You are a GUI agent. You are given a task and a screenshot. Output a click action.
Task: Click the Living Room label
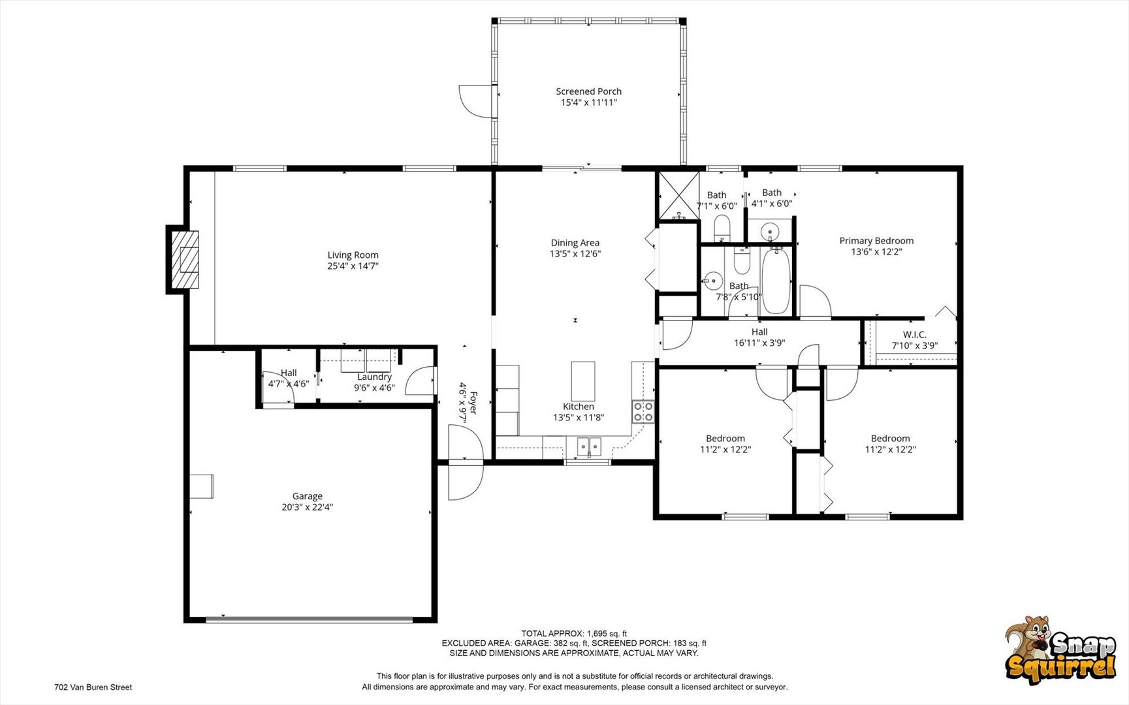(x=353, y=255)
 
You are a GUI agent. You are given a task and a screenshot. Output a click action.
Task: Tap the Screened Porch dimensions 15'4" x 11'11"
(x=588, y=102)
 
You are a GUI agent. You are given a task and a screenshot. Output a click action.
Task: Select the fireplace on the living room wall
(x=184, y=260)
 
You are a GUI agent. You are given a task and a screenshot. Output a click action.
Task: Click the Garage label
(x=307, y=496)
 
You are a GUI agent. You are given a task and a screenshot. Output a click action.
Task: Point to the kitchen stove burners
(x=643, y=412)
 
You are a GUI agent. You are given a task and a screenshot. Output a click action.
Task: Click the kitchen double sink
(x=588, y=447)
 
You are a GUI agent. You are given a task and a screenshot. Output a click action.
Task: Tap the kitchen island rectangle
(x=583, y=381)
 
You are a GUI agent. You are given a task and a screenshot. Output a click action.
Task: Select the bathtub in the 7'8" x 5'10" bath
(x=776, y=281)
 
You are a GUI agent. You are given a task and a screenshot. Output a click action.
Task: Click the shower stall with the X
(x=678, y=195)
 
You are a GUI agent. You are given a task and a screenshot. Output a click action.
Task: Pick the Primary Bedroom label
(x=876, y=241)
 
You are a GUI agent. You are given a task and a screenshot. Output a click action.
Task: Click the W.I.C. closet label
(x=915, y=335)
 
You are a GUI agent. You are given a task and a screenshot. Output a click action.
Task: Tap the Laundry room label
(x=374, y=377)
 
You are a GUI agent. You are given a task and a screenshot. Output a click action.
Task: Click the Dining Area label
(x=575, y=243)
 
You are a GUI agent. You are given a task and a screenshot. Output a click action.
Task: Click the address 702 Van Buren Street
(x=93, y=687)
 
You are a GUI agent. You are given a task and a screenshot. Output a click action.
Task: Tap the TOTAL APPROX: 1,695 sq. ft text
(x=574, y=633)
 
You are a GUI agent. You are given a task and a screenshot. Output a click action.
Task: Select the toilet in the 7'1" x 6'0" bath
(x=722, y=228)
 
